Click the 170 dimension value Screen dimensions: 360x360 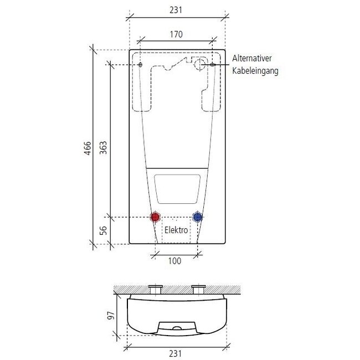[x=177, y=34]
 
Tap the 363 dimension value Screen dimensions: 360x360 [x=104, y=147]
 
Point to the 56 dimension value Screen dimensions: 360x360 [x=104, y=230]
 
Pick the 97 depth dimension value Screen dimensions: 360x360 [x=111, y=315]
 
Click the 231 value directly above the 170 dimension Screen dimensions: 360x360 [x=177, y=9]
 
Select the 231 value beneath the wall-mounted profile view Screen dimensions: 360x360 [x=177, y=353]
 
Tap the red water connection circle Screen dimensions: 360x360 [x=156, y=217]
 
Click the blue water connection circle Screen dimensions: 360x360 [x=198, y=217]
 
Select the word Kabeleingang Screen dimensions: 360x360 [x=255, y=71]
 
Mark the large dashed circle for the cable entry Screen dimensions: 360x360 [x=199, y=64]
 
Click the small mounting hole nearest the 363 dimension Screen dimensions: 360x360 [x=140, y=65]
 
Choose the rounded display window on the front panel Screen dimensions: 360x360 [x=177, y=188]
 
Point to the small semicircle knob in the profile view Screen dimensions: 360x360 [x=176, y=329]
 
